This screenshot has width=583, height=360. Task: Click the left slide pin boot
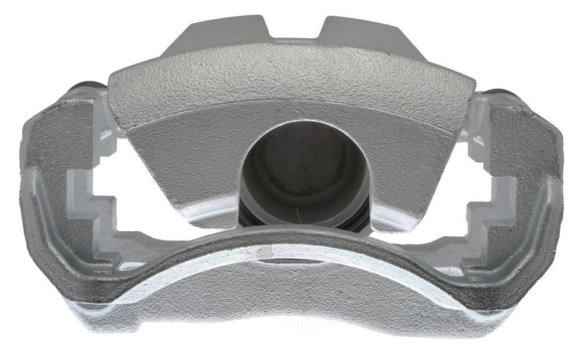[87, 90]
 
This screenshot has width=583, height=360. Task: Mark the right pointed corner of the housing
[469, 93]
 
